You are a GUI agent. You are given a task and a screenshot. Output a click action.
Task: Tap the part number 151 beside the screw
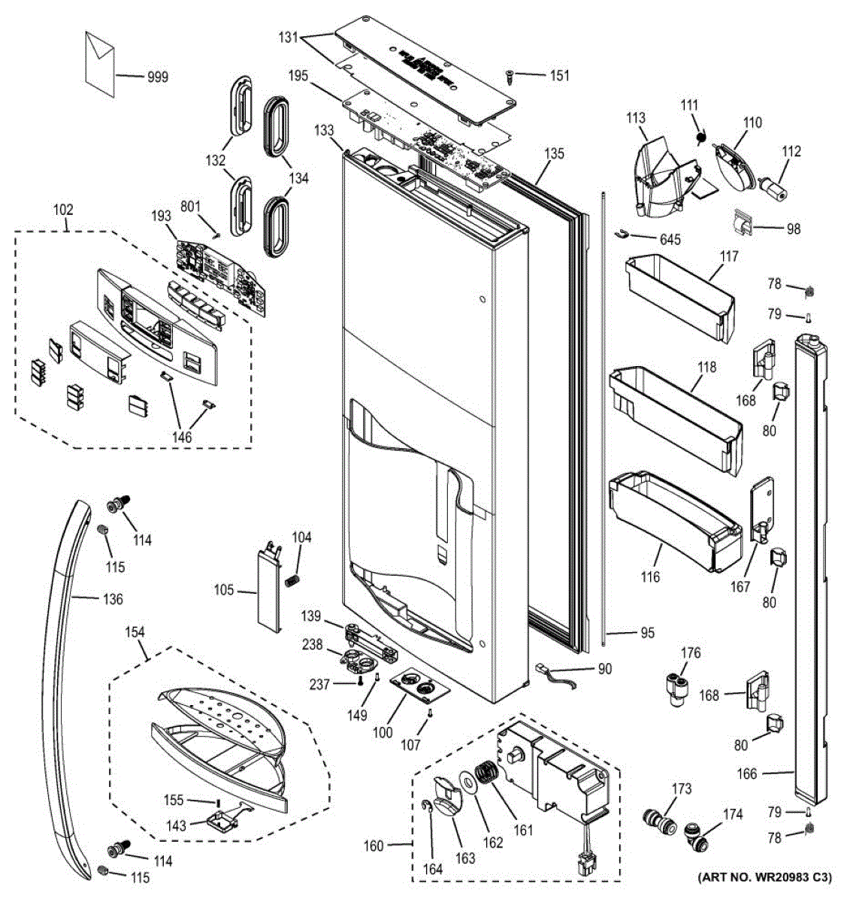point(559,75)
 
